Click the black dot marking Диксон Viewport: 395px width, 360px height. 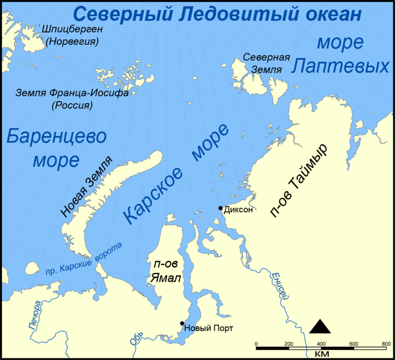[221, 208]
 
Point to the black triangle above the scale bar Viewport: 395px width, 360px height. [320, 326]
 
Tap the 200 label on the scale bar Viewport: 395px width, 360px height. [288, 344]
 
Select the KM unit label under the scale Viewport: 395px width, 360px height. [321, 355]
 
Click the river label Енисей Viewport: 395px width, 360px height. [279, 287]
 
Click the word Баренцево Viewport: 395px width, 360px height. [57, 137]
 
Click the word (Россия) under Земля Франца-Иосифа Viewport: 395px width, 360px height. [73, 105]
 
